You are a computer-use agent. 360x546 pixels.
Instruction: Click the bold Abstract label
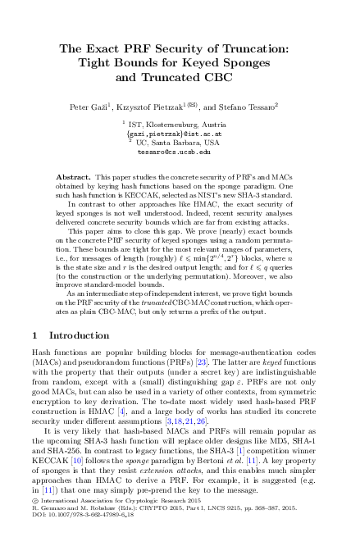coord(72,177)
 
